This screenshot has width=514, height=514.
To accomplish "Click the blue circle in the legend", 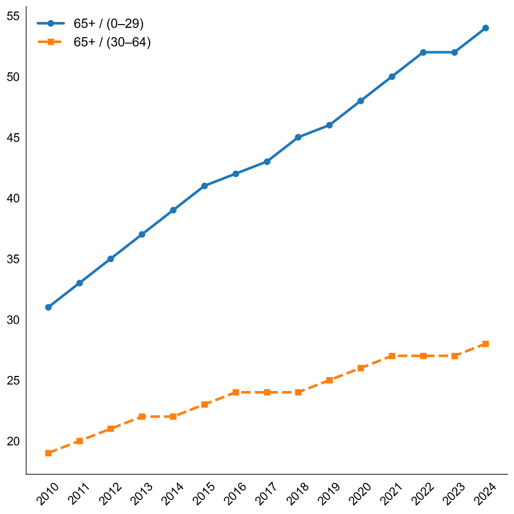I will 50,23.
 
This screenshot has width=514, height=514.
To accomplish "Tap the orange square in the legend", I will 50,42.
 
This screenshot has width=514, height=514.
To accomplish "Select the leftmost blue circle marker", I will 48,307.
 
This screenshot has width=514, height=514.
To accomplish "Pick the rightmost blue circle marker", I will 485,28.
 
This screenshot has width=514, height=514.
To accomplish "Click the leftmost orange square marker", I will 48,453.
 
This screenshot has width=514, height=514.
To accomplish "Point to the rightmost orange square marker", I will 485,343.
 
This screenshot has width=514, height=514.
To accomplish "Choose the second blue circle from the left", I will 79,283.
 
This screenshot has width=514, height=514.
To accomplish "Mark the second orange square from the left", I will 79,441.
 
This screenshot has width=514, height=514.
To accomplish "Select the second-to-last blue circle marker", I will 454,52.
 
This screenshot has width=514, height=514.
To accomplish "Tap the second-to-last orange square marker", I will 454,355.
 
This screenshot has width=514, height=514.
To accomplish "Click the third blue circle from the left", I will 110,259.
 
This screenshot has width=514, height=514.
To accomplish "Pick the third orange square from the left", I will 110,429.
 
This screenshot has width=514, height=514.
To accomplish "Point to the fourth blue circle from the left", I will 142,234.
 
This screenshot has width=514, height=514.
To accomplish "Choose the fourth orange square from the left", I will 142,417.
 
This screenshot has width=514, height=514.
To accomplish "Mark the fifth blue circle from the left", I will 173,210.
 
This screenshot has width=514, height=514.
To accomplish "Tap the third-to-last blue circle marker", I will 423,52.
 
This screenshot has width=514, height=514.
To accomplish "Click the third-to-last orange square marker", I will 423,355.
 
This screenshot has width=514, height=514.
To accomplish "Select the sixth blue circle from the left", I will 204,186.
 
